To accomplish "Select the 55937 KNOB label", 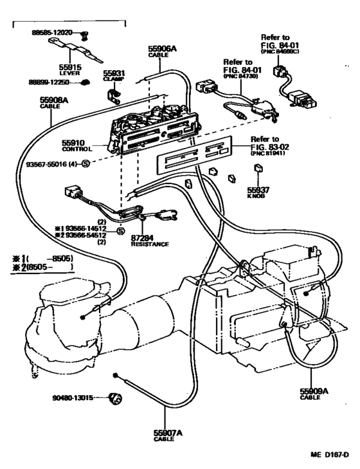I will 258,192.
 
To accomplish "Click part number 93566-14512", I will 88,228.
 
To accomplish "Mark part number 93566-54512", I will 88,235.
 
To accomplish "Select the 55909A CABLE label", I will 314,394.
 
